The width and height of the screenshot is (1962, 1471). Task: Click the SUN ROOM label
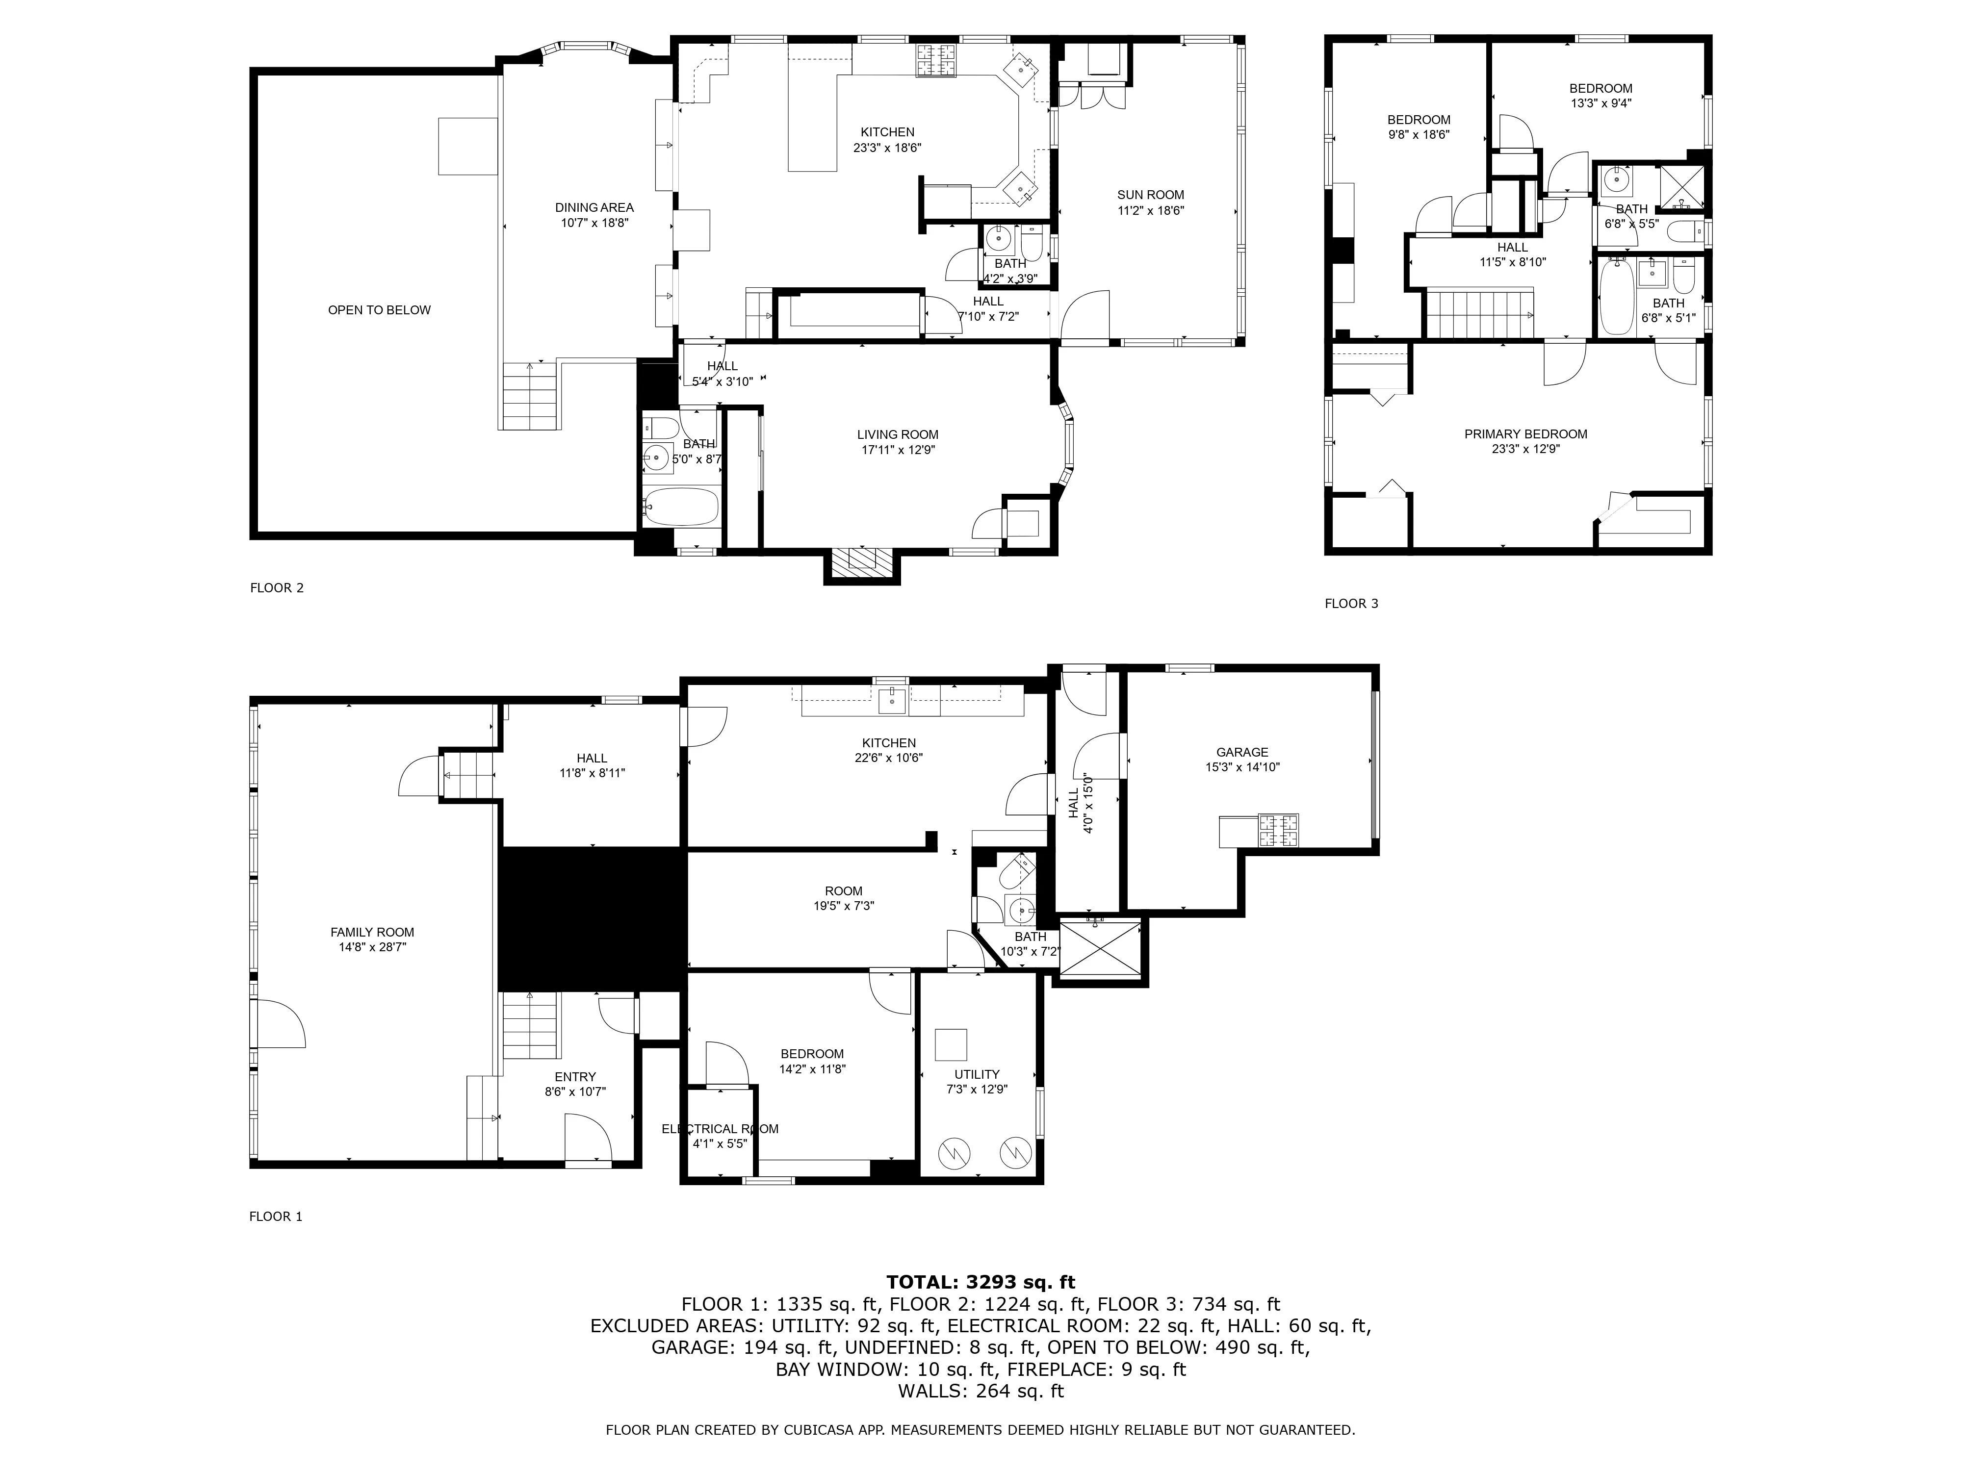point(1150,195)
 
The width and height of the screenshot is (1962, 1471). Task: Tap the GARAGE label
point(1242,752)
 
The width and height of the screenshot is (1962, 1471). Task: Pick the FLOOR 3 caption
point(1351,604)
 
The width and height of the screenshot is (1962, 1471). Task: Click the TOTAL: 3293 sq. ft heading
point(980,1282)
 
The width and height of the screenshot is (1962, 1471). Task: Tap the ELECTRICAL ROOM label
point(720,1129)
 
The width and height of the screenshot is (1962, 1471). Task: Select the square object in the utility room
point(952,1044)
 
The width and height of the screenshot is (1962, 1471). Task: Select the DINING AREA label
point(594,207)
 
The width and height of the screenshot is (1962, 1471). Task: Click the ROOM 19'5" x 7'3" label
point(844,891)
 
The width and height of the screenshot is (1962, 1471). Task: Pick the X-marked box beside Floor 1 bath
point(1100,950)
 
